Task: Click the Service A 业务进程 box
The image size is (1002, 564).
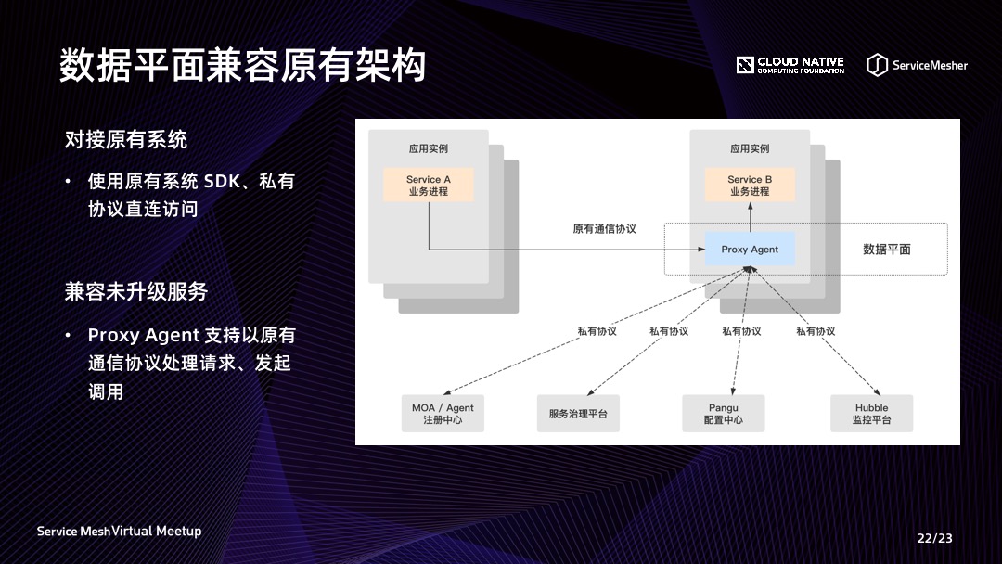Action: [x=429, y=185]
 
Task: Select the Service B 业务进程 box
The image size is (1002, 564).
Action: [x=750, y=185]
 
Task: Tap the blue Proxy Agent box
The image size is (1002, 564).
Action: [x=750, y=250]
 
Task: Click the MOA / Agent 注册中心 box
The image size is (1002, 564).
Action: [x=443, y=414]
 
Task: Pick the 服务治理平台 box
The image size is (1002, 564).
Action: [x=577, y=414]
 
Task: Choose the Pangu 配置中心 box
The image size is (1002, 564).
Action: [x=724, y=414]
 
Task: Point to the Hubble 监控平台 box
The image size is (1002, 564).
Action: [x=871, y=414]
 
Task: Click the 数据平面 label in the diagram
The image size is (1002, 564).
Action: [x=887, y=249]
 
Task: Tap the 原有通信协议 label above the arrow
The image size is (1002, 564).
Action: [x=604, y=228]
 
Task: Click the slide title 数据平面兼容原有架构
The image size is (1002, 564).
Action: [x=243, y=65]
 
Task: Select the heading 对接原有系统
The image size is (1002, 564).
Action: [x=126, y=140]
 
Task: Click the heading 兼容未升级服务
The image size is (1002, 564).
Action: [x=136, y=291]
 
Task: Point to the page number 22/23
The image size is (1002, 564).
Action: [x=934, y=538]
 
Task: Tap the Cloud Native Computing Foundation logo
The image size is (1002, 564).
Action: [x=790, y=65]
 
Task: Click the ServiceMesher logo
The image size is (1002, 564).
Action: [x=917, y=65]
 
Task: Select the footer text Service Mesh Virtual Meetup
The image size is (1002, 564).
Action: [x=119, y=532]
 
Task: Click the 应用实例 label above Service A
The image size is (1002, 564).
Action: [x=429, y=148]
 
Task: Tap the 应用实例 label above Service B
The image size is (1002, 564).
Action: [x=750, y=148]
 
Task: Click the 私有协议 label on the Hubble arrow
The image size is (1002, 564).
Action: [x=816, y=331]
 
